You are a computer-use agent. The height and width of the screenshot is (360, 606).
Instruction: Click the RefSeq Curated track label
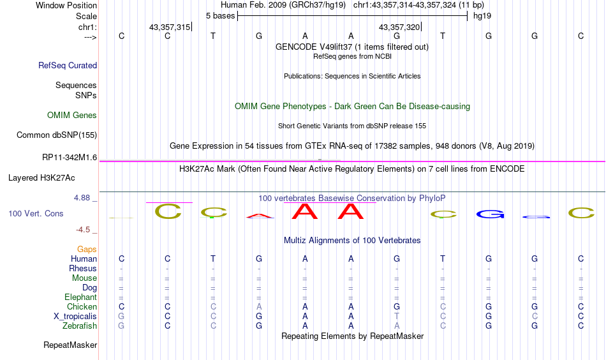[x=68, y=65]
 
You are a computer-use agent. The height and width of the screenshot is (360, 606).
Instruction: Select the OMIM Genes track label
[x=72, y=116]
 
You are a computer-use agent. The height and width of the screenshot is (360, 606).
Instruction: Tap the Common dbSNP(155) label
[x=57, y=135]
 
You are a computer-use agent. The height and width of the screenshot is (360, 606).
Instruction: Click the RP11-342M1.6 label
[x=70, y=157]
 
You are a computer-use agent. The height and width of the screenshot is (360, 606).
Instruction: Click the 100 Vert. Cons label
[x=36, y=214]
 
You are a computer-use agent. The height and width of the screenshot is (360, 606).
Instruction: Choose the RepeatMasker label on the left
[x=70, y=345]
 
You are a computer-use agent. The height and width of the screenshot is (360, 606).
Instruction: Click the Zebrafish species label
[x=80, y=326]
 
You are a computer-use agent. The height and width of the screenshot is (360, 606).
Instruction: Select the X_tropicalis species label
[x=75, y=317]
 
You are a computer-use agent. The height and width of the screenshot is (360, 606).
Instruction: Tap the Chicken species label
[x=82, y=307]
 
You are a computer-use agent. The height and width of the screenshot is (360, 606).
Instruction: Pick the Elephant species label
[x=80, y=297]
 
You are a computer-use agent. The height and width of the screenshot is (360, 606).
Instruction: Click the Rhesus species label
[x=83, y=269]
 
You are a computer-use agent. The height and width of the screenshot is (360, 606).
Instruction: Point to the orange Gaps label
[x=87, y=250]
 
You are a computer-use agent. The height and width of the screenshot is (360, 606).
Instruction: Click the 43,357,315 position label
[x=170, y=27]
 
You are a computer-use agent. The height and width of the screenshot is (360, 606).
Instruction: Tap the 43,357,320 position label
[x=399, y=27]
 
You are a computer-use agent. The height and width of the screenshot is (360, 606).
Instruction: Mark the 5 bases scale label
[x=220, y=15]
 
